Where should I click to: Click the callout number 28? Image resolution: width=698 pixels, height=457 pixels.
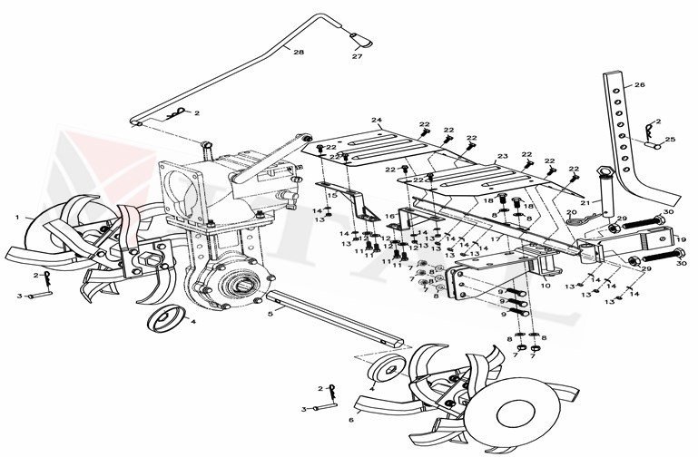(299, 53)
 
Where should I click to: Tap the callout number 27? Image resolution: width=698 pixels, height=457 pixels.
(356, 57)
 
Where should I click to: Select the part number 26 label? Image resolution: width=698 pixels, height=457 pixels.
(639, 84)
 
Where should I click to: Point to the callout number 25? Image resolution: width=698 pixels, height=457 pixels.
(670, 140)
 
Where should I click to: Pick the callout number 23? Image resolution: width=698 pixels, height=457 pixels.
(501, 156)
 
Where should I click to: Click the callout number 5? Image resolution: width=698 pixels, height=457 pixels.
(270, 315)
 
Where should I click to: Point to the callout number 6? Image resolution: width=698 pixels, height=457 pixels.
(350, 420)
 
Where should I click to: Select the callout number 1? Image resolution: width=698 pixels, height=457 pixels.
(16, 218)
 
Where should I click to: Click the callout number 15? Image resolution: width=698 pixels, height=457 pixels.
(333, 196)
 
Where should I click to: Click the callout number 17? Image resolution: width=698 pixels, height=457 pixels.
(496, 238)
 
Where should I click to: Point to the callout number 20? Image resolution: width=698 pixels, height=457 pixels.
(572, 212)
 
